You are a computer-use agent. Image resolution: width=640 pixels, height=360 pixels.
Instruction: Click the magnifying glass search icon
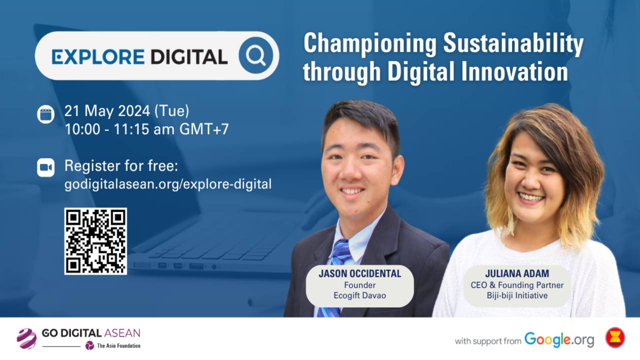[256, 56]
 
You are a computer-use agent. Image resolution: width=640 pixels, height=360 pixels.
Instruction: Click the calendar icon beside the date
[45, 113]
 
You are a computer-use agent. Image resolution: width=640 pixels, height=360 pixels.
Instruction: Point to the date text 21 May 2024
[107, 111]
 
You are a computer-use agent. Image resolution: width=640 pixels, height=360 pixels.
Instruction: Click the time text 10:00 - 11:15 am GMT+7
[146, 129]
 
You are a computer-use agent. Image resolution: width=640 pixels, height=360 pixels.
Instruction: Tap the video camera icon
[45, 167]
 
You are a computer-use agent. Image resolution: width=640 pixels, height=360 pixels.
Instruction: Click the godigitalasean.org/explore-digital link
[168, 184]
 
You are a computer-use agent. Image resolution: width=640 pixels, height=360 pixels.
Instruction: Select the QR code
[95, 241]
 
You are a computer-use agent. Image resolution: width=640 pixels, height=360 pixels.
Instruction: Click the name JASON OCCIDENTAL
[359, 274]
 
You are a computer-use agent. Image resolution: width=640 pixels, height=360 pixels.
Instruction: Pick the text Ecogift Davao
[359, 295]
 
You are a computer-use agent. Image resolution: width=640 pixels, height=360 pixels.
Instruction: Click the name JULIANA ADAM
[516, 274]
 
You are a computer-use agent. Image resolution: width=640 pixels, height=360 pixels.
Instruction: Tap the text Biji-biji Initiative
[516, 295]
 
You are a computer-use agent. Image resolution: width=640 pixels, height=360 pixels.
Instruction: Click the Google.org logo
[559, 339]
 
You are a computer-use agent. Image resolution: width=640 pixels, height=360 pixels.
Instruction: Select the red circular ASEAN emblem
[614, 337]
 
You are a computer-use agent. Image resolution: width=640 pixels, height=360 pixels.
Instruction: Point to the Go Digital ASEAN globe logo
[26, 338]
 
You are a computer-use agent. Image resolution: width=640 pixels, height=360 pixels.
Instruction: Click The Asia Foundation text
[118, 346]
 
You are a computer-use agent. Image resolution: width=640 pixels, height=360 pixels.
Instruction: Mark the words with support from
[487, 341]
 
